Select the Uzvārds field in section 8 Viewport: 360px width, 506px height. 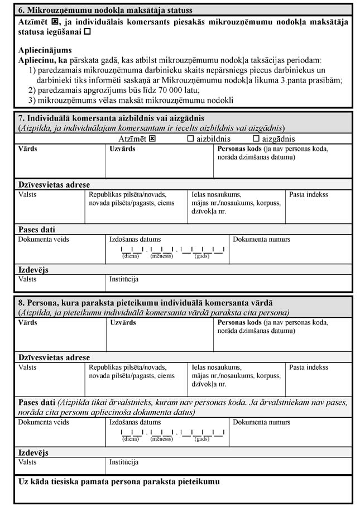click(159, 338)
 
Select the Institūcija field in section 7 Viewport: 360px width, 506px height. click(229, 283)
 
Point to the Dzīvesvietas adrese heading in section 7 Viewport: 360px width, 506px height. click(54, 185)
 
